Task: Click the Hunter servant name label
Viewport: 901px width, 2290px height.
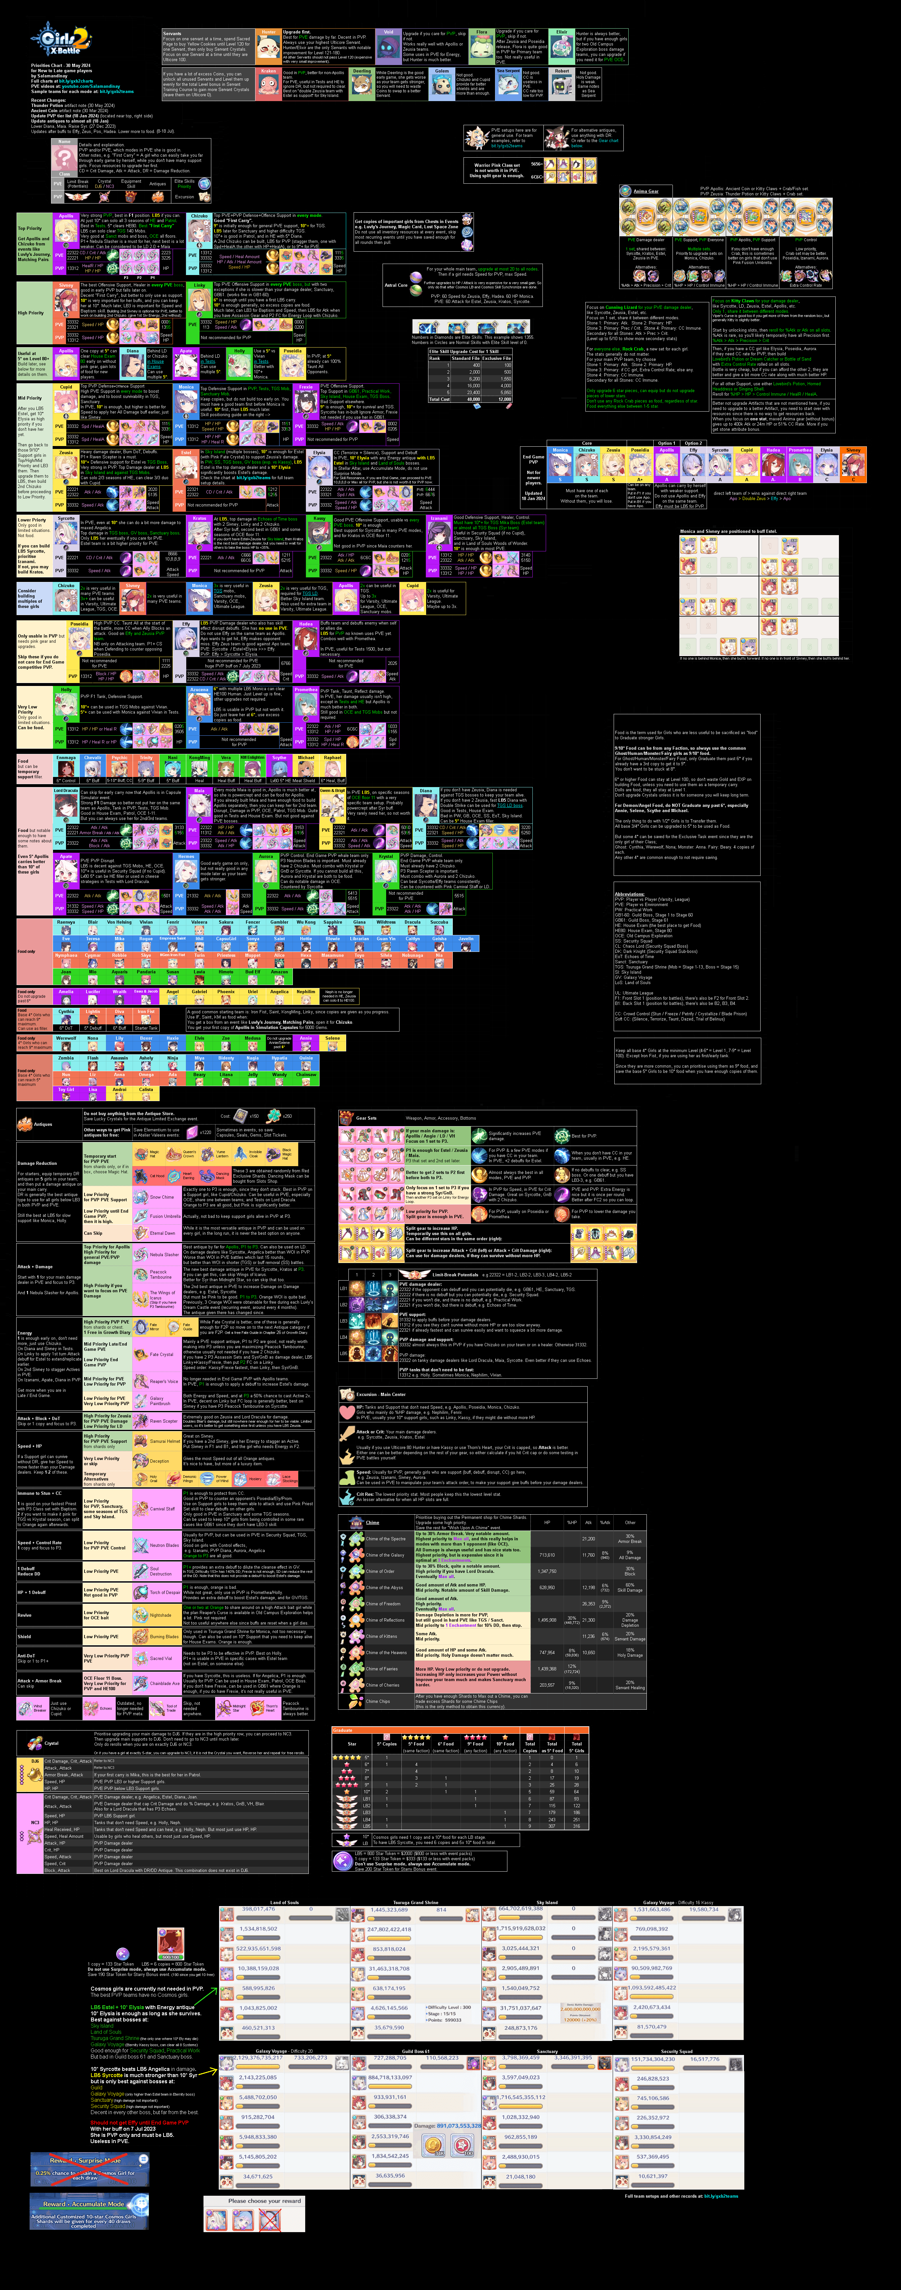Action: (x=268, y=32)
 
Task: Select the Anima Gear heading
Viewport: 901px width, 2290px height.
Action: (x=646, y=191)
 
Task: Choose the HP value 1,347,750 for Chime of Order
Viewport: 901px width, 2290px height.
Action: (x=547, y=1571)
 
